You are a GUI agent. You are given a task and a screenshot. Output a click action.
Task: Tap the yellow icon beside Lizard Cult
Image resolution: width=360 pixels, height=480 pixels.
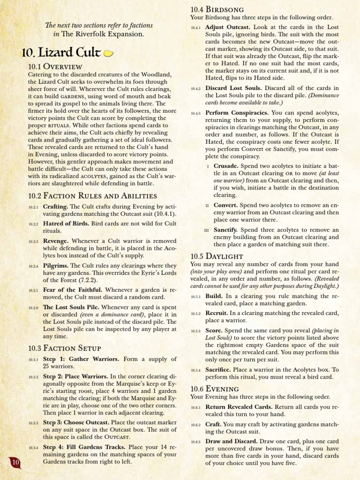click(x=108, y=53)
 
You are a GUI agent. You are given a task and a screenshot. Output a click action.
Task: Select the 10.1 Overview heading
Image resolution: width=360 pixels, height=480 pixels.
click(x=55, y=67)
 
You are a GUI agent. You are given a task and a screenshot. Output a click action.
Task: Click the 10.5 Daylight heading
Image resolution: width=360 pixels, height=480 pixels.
click(x=217, y=256)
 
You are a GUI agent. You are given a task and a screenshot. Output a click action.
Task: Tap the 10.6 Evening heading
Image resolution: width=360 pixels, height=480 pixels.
click(x=215, y=389)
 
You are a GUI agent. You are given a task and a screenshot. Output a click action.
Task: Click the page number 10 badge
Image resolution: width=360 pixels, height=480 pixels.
click(x=15, y=463)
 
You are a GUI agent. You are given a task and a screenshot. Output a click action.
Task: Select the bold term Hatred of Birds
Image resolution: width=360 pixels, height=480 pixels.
click(x=65, y=224)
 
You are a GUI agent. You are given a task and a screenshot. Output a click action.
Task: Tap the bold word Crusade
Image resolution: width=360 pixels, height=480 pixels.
click(x=226, y=166)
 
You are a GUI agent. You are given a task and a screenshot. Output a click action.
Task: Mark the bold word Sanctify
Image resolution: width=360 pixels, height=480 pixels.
click(x=225, y=230)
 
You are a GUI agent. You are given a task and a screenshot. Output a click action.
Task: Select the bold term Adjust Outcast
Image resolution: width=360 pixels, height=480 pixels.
click(x=228, y=28)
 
